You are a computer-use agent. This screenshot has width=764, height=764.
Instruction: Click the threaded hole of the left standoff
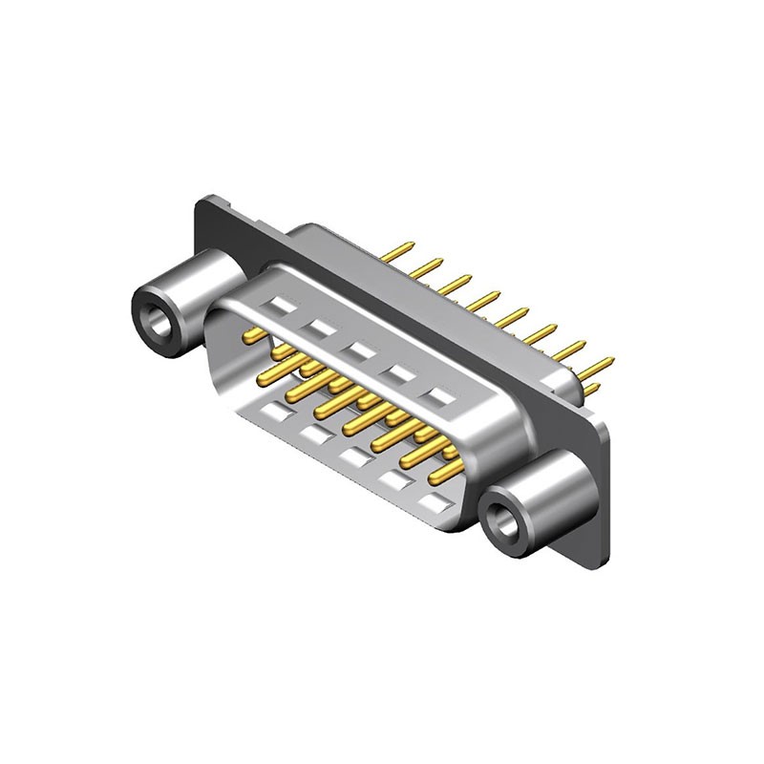pos(156,324)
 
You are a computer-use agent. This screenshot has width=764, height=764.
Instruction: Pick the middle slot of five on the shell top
pos(359,350)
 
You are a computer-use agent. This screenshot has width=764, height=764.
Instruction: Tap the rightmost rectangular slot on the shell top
pos(440,394)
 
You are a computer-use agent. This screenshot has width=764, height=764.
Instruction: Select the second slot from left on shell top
pos(320,328)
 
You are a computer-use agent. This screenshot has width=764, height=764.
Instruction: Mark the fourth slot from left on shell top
pos(400,372)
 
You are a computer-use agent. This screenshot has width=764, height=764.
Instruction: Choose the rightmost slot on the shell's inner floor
pos(436,499)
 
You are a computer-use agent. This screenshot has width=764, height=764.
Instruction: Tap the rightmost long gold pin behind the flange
pos(596,366)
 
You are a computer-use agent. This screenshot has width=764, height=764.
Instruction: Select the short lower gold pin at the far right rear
pos(591,389)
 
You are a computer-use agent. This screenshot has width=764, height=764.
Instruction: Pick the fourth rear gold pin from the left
pos(483,301)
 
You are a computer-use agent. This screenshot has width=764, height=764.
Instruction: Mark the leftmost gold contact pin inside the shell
pos(253,333)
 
